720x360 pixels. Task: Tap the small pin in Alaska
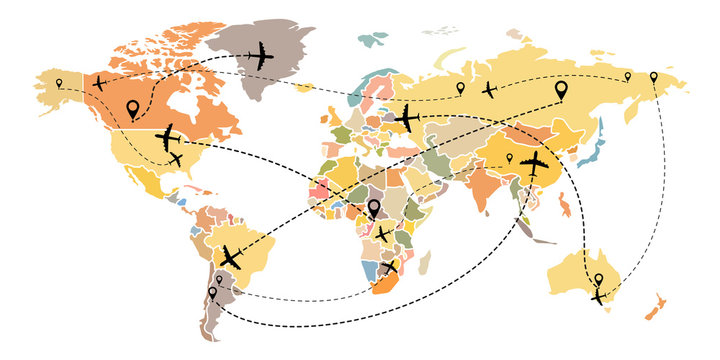click(x=59, y=83)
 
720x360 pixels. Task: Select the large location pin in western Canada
click(x=132, y=109)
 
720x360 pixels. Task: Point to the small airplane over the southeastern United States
click(x=177, y=158)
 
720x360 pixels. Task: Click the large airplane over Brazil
click(x=231, y=257)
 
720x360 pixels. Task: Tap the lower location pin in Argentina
click(x=212, y=295)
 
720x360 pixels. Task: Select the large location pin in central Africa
click(x=374, y=209)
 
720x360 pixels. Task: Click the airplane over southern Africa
click(x=389, y=267)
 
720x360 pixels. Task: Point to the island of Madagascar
click(x=426, y=263)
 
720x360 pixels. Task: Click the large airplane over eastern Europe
click(x=407, y=119)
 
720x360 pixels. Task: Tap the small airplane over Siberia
click(x=489, y=89)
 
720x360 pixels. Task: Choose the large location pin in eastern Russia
click(x=561, y=91)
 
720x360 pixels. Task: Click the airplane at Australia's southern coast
click(x=598, y=297)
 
